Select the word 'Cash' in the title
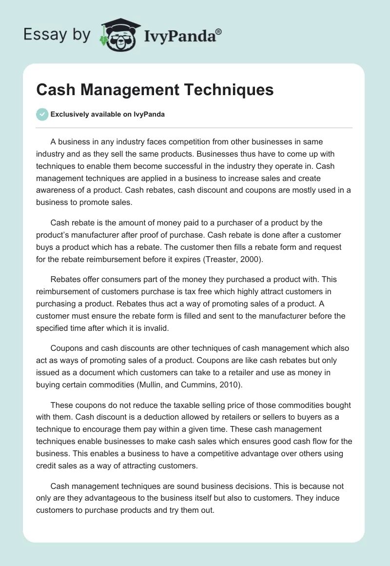click(x=55, y=90)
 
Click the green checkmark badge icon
click(x=42, y=115)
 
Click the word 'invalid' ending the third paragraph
click(x=156, y=328)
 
